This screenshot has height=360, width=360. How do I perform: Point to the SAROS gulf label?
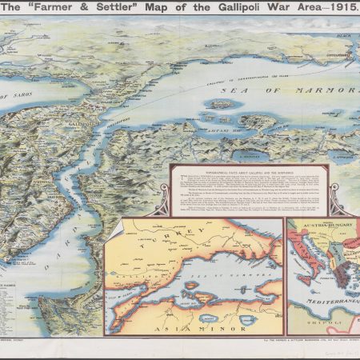pyautogui.click(x=20, y=97)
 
